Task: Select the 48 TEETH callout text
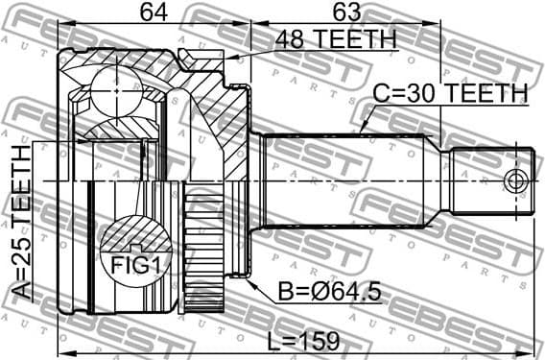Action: pos(335,39)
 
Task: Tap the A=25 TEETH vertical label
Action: pos(21,224)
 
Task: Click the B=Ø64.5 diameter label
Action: pos(315,289)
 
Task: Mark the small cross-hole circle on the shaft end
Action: pos(516,180)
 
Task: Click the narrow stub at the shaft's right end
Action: pos(491,180)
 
